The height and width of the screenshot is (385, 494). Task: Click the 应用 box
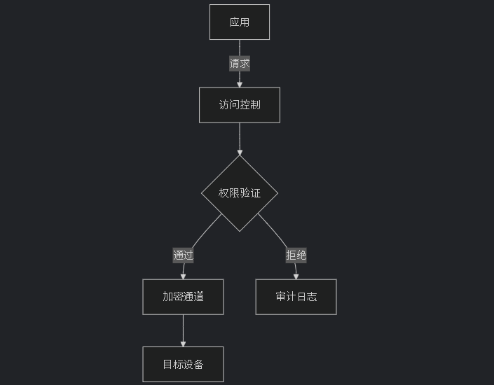(239, 22)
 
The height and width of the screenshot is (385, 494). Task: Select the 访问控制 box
(239, 105)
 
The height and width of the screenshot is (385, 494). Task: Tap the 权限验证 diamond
(239, 193)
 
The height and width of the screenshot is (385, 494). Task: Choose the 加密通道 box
(183, 297)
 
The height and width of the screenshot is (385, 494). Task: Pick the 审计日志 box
(296, 297)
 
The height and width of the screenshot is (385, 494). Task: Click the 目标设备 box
(183, 364)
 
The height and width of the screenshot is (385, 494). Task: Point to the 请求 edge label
(239, 64)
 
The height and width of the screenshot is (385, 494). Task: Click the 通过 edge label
(183, 255)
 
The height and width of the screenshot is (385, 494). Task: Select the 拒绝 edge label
(296, 255)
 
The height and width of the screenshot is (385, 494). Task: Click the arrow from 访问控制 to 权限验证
(239, 138)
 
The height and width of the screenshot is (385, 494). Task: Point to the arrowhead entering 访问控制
(239, 84)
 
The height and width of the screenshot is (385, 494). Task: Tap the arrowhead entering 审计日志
(296, 276)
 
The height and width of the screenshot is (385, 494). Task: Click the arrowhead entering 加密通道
(183, 276)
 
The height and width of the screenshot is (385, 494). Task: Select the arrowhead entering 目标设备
(183, 343)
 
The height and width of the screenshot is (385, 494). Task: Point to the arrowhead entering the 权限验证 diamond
(239, 151)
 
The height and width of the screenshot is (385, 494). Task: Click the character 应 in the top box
(234, 22)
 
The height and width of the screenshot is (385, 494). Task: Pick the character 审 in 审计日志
(280, 297)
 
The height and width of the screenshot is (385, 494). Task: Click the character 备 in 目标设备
(198, 364)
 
